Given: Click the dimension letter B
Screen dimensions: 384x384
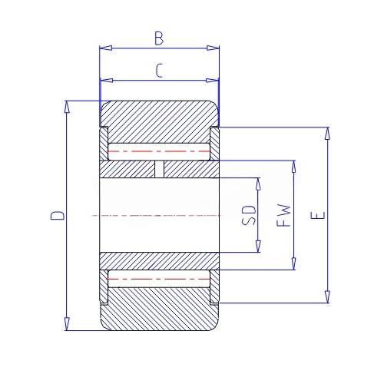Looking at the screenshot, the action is (x=159, y=38).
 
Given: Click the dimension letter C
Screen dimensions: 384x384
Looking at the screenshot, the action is (x=159, y=71).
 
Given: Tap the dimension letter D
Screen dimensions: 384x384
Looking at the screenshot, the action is (x=57, y=215).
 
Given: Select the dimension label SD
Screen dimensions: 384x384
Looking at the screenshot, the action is (x=249, y=215).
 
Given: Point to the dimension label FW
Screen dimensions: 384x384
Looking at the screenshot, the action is (x=284, y=215).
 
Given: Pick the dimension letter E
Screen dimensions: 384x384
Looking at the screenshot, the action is (x=318, y=215).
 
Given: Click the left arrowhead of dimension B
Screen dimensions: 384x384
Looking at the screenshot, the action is (x=106, y=48).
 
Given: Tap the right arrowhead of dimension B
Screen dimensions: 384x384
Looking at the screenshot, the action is (x=213, y=48).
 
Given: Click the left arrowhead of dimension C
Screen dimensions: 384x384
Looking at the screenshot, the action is (x=107, y=81).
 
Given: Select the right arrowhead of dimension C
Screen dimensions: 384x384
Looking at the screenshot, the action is (x=213, y=81).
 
